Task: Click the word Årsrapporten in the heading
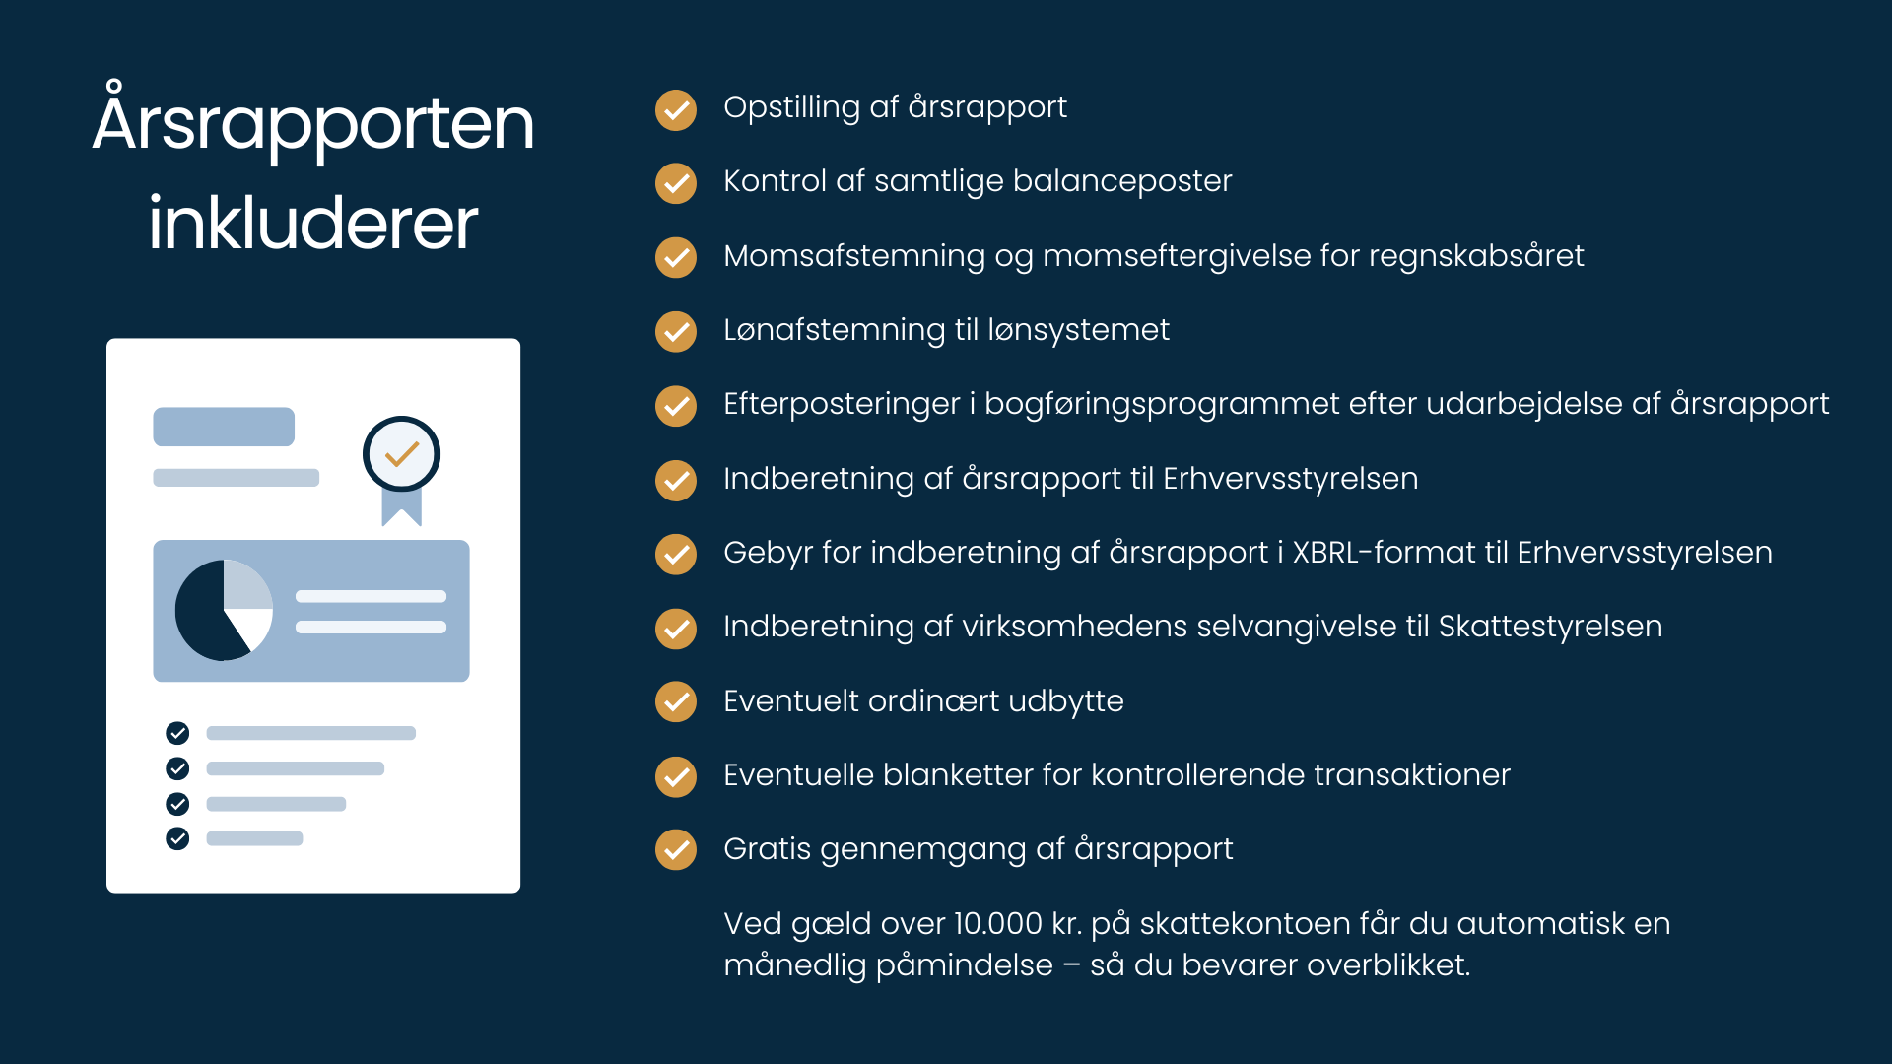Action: tap(313, 120)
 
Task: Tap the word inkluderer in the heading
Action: tap(313, 223)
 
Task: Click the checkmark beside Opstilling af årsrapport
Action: tap(676, 109)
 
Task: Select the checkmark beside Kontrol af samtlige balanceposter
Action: tap(676, 183)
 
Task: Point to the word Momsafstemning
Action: tap(854, 256)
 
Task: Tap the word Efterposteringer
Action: tap(842, 404)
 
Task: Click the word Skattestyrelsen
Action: tap(1550, 627)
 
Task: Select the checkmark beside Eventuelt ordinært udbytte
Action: tap(676, 701)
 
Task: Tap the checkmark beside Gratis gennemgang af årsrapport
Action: tap(676, 849)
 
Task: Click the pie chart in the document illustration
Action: tap(224, 610)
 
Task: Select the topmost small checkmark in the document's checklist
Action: tap(177, 733)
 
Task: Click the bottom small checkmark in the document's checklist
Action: tap(177, 838)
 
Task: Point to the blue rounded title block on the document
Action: tap(224, 427)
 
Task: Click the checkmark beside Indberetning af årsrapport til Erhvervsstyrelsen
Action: tap(676, 480)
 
